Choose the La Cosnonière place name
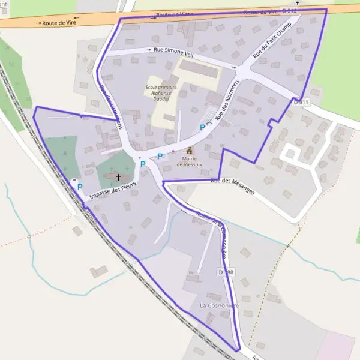tap(219, 305)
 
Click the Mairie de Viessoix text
tap(190, 161)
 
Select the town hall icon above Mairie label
tap(190, 151)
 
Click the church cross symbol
tap(118, 177)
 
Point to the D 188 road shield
tap(226, 272)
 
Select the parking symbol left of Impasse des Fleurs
tap(79, 187)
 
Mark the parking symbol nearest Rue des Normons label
tap(202, 127)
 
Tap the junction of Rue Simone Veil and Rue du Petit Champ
tap(241, 71)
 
